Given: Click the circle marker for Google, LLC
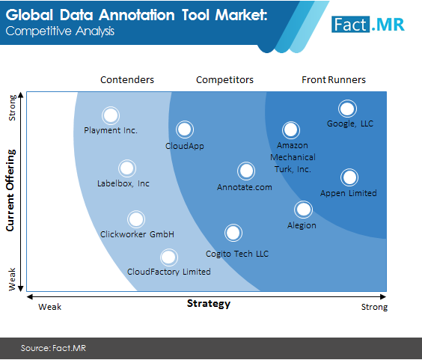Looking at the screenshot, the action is point(347,109).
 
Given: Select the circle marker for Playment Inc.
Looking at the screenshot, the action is point(111,115).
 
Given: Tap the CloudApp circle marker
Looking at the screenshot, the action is point(185,129).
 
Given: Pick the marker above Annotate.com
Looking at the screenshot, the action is point(246,171).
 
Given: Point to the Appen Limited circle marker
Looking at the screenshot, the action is point(349,177).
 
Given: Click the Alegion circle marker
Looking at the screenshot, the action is point(303,210).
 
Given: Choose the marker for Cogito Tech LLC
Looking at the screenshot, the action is point(233,233).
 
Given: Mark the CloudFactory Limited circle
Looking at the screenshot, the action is point(169,257).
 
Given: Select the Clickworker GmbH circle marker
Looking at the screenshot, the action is point(136,219).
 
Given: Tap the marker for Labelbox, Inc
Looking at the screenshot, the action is point(127,168).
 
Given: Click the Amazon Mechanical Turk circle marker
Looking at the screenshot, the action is point(291,130).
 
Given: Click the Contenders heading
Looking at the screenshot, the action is point(127,79).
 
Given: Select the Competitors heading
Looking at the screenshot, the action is point(224,79).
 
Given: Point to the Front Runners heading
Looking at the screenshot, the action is point(334,79).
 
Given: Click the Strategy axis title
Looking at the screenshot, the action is point(209,304).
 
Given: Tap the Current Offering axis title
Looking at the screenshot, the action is point(10,190).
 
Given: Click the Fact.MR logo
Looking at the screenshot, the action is point(368,25).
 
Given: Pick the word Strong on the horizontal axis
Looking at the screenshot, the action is point(374,307).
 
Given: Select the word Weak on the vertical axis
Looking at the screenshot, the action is point(12,279).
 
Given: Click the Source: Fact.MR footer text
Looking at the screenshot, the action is point(53,348).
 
